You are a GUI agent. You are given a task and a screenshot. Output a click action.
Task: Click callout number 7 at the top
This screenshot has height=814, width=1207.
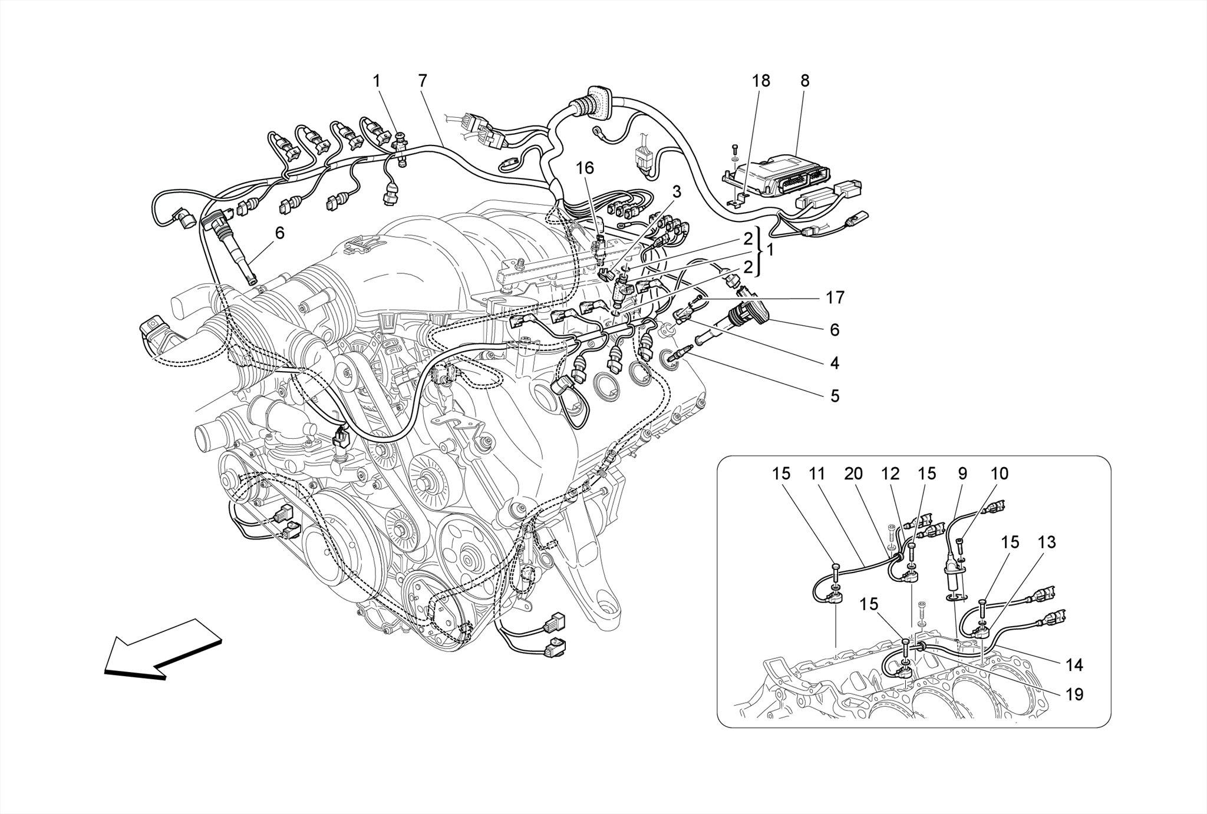pyautogui.click(x=422, y=81)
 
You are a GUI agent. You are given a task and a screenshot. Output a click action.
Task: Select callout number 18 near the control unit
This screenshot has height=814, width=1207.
pyautogui.click(x=761, y=81)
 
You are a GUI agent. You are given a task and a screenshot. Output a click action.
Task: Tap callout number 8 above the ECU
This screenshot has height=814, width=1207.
pyautogui.click(x=804, y=81)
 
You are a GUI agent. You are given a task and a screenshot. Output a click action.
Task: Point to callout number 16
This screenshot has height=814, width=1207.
pyautogui.click(x=585, y=168)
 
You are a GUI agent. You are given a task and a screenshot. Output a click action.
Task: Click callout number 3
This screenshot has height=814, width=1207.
pyautogui.click(x=677, y=191)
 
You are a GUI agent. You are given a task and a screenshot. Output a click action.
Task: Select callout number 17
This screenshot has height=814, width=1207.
pyautogui.click(x=835, y=298)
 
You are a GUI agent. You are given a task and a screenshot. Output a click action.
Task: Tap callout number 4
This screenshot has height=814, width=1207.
pyautogui.click(x=834, y=363)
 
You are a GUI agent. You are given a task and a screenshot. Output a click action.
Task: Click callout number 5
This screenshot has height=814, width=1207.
pyautogui.click(x=834, y=396)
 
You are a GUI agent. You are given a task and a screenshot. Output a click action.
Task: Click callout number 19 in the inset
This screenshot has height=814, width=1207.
pyautogui.click(x=1074, y=695)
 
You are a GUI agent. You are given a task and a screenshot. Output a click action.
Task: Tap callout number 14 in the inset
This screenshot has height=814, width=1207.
pyautogui.click(x=1074, y=666)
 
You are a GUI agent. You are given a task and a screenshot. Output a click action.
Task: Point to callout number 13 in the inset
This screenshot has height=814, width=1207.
pyautogui.click(x=1047, y=542)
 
